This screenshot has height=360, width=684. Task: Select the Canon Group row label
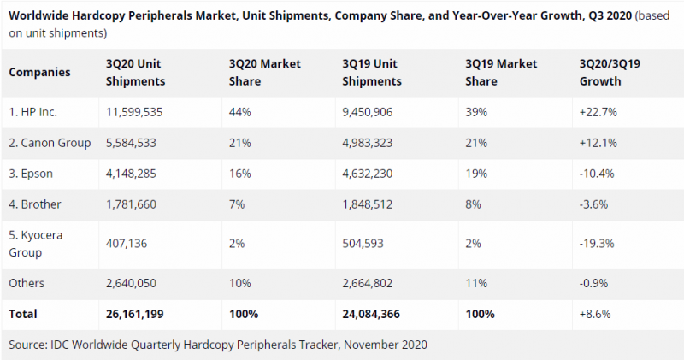(x=50, y=143)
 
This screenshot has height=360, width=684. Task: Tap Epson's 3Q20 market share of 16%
(x=239, y=174)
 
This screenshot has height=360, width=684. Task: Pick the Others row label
(x=27, y=283)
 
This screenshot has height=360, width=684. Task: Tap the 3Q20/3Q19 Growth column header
(x=613, y=73)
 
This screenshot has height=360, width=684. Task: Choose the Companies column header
(x=39, y=73)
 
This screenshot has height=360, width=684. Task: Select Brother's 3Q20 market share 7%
(x=237, y=204)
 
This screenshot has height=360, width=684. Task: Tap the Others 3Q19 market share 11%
(x=476, y=283)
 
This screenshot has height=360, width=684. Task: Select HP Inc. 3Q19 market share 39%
(x=477, y=112)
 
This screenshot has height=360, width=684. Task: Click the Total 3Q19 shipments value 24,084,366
(x=377, y=314)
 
